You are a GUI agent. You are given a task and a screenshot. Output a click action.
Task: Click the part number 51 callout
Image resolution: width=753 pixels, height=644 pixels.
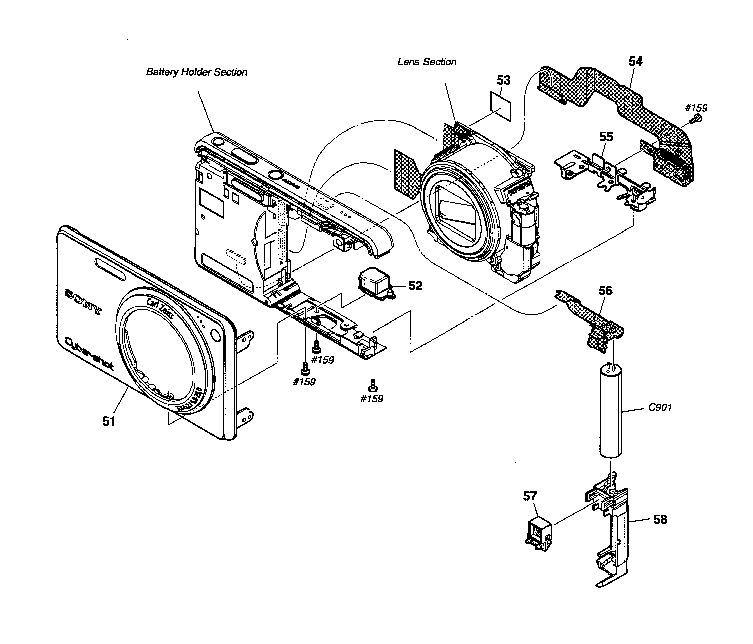point(109,421)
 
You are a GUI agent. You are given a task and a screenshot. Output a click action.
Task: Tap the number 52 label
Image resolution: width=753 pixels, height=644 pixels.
point(415,286)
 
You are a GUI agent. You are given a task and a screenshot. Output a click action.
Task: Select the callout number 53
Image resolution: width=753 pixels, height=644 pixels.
point(504,80)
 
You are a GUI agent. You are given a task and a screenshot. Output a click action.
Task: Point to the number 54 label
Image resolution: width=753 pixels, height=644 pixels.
point(635,61)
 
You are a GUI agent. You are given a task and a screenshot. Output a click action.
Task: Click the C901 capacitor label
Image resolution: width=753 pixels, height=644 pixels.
point(660,407)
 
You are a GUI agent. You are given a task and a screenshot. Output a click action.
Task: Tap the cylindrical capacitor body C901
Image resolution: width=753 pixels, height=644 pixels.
point(610,411)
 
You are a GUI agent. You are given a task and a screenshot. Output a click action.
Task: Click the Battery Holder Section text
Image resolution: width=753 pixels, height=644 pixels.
point(196,72)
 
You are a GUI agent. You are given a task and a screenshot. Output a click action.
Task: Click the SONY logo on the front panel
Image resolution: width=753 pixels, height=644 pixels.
point(83,301)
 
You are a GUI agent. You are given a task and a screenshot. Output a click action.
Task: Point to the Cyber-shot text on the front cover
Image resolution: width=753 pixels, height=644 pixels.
point(89,353)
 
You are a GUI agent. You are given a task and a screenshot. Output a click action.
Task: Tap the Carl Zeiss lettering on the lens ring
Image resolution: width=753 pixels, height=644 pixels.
point(160,308)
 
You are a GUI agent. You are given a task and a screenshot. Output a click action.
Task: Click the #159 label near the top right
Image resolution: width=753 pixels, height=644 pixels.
point(696,108)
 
